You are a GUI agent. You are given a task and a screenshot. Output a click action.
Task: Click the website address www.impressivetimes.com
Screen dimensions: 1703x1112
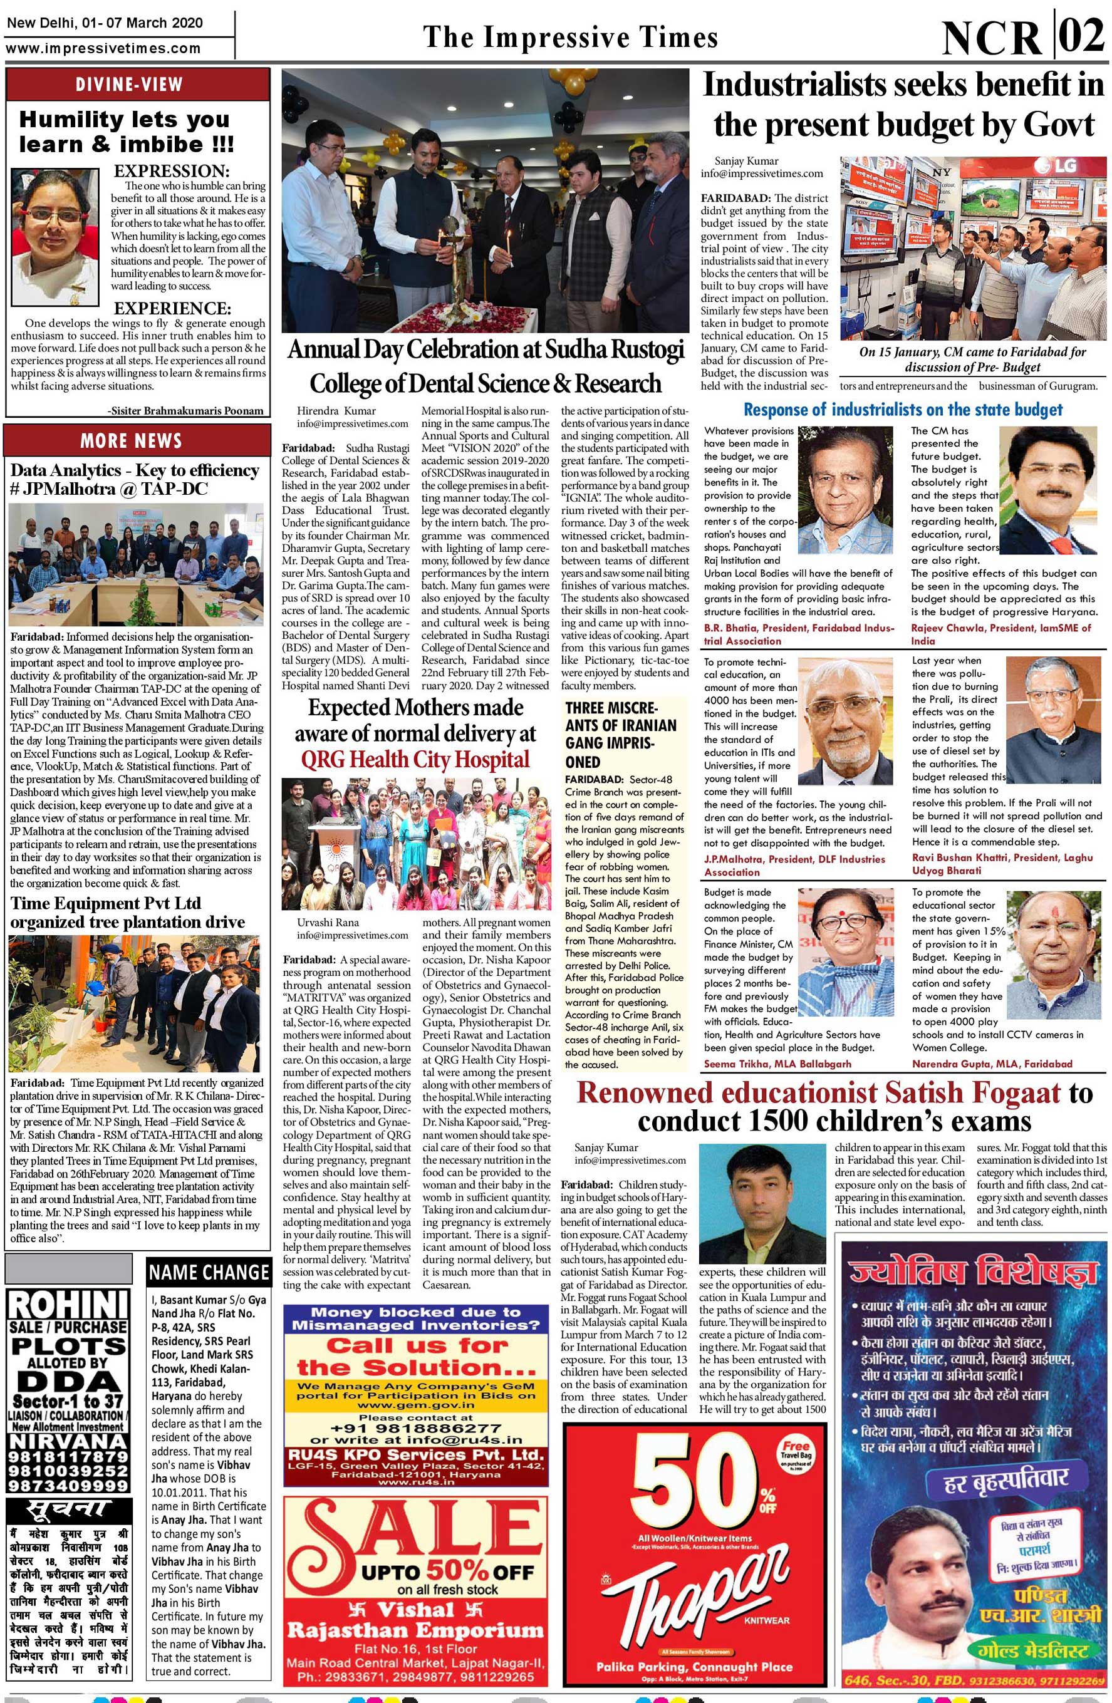pyautogui.click(x=104, y=49)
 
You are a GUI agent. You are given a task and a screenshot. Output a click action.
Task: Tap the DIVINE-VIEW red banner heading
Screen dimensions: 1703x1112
pyautogui.click(x=130, y=85)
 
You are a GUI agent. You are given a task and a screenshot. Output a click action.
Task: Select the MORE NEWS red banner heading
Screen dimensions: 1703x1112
pyautogui.click(x=131, y=440)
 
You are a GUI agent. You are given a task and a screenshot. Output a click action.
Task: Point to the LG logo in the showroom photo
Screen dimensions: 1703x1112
pyautogui.click(x=1057, y=166)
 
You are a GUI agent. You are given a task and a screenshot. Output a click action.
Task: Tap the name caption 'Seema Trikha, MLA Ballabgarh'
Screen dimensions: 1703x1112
pyautogui.click(x=778, y=1064)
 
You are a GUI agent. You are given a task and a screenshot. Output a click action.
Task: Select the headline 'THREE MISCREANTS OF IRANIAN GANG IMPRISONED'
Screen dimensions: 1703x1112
pyautogui.click(x=620, y=735)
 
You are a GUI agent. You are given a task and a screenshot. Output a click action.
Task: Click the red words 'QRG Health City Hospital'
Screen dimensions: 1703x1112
pyautogui.click(x=415, y=759)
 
